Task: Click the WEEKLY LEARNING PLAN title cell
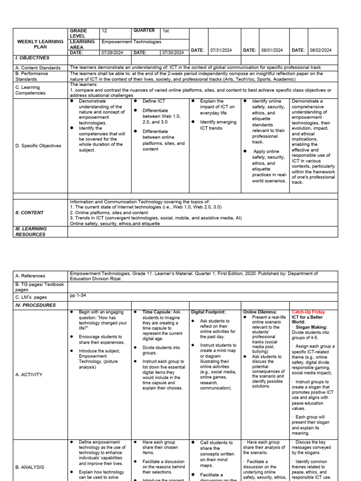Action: click(40, 44)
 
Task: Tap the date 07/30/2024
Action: click(174, 53)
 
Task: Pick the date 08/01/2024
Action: click(272, 50)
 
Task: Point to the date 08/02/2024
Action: click(321, 50)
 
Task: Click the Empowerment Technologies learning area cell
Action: click(131, 42)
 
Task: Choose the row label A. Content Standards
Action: click(38, 68)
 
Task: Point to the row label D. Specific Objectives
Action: click(38, 146)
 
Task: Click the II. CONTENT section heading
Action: click(29, 212)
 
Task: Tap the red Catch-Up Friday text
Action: click(308, 312)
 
